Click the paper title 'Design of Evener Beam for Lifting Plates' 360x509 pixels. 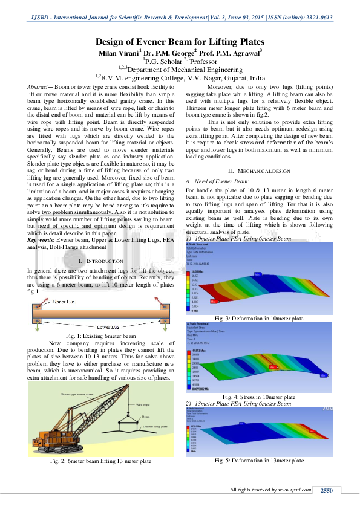pos(180,42)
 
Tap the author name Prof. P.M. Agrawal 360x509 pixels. pos(231,53)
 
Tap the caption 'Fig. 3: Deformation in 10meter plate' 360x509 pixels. pos(259,317)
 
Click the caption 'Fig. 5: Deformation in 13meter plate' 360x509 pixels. pos(259,461)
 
